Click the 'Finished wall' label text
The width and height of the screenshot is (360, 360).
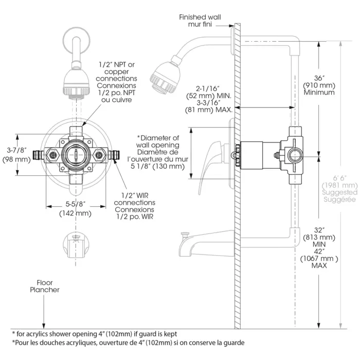coord(200,17)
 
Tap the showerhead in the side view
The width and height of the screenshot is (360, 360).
coord(166,75)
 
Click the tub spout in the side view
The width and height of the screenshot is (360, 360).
coord(207,244)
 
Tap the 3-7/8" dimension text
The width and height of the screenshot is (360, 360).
coord(16,150)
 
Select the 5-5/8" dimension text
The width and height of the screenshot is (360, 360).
coord(76,204)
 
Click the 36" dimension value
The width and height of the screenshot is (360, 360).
coord(319,78)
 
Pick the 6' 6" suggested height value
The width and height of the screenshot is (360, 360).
coord(340,178)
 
